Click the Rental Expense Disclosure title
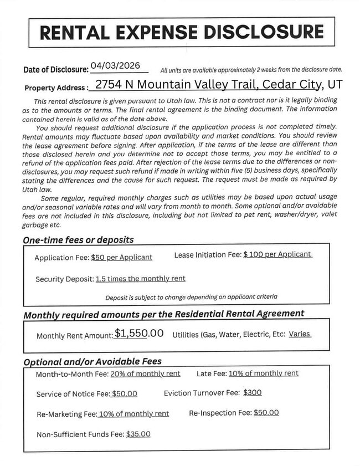(182, 32)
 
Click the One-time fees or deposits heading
(78, 240)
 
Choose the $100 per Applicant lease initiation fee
(277, 254)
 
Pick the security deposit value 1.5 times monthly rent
(140, 279)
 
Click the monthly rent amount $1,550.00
(139, 334)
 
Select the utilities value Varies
(300, 334)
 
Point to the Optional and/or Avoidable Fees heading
(92, 361)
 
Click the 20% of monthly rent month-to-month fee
(145, 373)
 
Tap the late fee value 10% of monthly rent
(264, 373)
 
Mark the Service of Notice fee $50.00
(124, 394)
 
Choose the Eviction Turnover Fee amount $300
(253, 392)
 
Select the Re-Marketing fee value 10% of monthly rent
(133, 414)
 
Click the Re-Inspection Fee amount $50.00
(266, 413)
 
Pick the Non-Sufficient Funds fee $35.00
(138, 434)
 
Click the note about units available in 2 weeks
(251, 70)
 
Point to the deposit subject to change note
(191, 297)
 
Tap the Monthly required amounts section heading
(163, 314)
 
